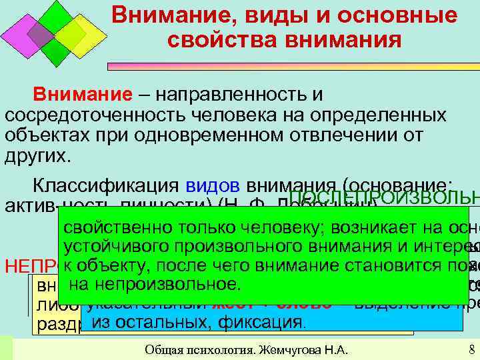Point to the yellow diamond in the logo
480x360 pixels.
pos(81,35)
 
